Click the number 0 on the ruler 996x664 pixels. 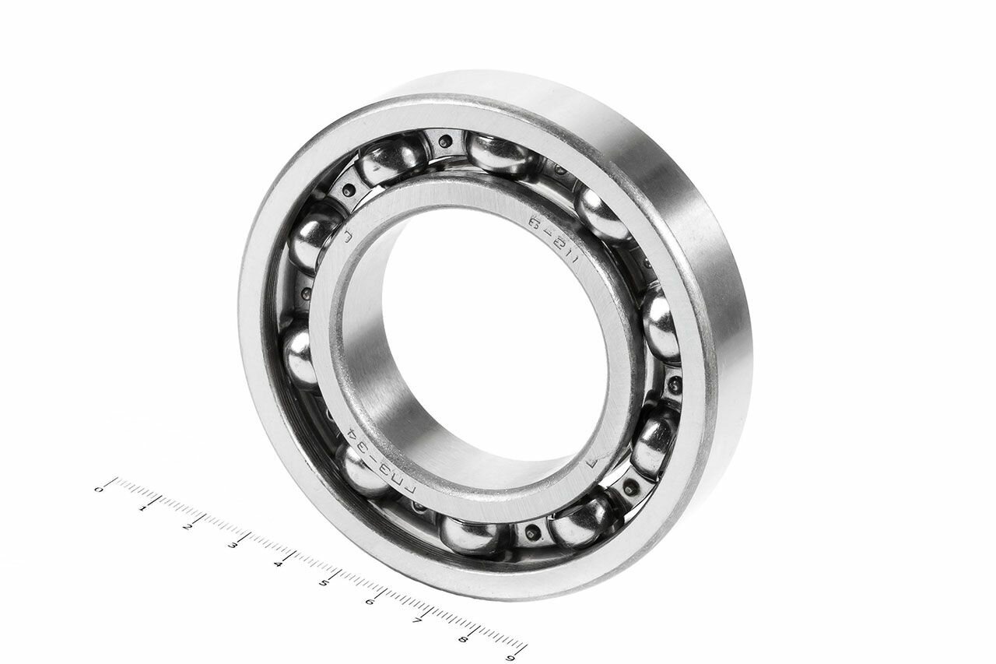coord(98,489)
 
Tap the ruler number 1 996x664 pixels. coord(142,508)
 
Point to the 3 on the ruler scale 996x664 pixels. coord(232,544)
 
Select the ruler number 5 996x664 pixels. coord(324,581)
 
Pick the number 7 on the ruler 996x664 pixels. coord(417,620)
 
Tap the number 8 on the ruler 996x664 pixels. coord(463,639)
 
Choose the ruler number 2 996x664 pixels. coord(187,526)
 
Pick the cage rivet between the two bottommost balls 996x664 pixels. coord(531,533)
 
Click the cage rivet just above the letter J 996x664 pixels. coord(347,191)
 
